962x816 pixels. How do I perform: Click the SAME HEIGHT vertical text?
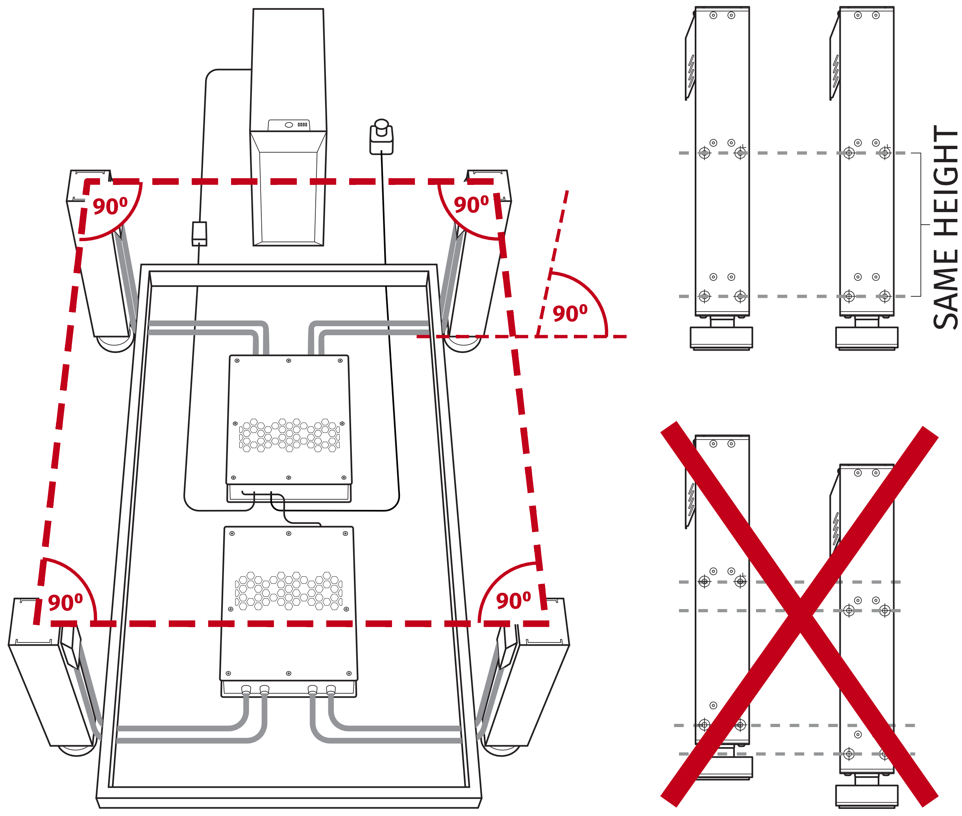pos(945,227)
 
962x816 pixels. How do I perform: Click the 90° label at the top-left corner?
pos(110,206)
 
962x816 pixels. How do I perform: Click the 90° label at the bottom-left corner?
pos(65,603)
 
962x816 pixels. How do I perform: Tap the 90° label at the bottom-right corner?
pos(513,601)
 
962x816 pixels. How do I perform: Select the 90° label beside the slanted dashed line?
pos(570,314)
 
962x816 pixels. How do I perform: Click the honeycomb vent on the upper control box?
pos(289,435)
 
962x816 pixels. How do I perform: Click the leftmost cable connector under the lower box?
pos(246,690)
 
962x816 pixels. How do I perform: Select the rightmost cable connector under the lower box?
pos(331,690)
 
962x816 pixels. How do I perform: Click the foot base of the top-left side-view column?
pos(721,337)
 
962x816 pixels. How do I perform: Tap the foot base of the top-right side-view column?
pos(866,337)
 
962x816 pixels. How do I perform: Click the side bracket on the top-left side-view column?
pos(690,69)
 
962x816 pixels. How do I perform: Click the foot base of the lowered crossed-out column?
pos(866,795)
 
